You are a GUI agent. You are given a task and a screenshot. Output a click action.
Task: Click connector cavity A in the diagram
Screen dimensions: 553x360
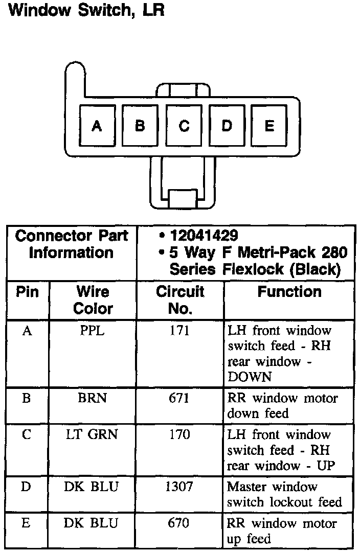(x=97, y=126)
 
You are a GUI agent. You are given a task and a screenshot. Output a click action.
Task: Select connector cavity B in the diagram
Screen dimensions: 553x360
(x=140, y=126)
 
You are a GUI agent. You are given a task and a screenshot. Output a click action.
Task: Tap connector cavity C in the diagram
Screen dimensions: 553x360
(x=184, y=126)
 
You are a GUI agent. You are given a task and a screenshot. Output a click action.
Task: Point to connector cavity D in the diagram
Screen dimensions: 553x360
(x=227, y=126)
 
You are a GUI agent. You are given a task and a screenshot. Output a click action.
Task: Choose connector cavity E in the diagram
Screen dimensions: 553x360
(x=269, y=126)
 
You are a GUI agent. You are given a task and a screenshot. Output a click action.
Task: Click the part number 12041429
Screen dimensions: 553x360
(x=204, y=236)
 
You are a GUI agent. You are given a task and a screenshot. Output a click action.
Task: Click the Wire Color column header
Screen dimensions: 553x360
(x=93, y=300)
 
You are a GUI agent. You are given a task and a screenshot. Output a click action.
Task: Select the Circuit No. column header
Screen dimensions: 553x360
(x=180, y=300)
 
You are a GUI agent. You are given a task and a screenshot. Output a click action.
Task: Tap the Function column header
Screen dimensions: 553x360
(x=289, y=292)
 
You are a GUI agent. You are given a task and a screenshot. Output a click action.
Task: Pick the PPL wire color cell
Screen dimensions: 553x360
(x=93, y=331)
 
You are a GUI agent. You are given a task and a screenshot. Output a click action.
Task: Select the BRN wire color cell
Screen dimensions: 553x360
(x=93, y=398)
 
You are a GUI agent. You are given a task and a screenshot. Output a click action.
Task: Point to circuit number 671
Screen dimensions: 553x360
(x=179, y=398)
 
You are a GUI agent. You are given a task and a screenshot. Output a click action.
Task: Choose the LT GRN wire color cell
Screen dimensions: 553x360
(x=92, y=434)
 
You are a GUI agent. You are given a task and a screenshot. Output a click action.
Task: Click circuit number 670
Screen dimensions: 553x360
(x=179, y=523)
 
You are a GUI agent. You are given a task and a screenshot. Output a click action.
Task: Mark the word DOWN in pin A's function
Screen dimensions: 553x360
(x=250, y=377)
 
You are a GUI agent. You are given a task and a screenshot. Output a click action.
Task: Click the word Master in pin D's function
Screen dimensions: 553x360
(x=247, y=487)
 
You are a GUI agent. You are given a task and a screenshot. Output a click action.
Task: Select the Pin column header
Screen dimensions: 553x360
(x=28, y=292)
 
